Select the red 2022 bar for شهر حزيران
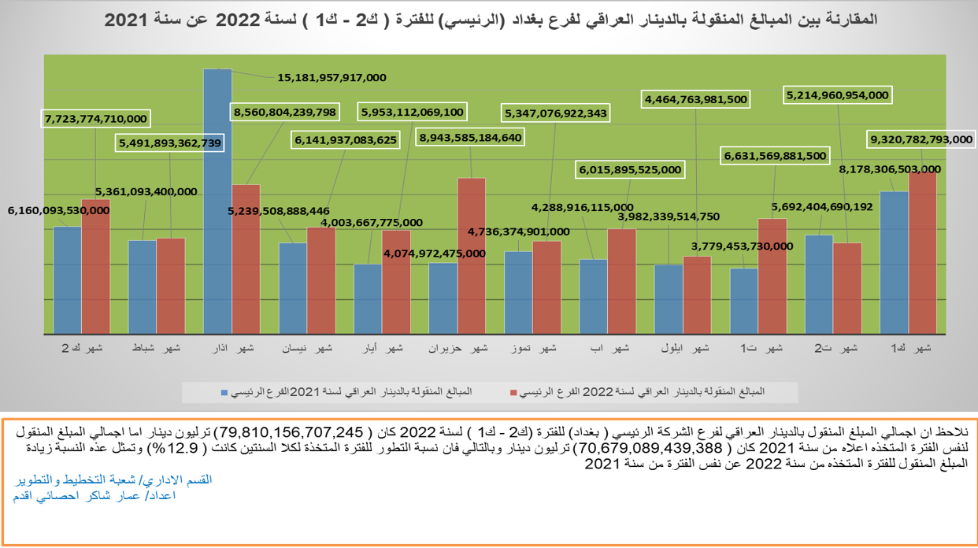point(472,255)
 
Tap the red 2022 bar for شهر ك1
point(922,252)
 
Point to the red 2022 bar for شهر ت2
point(847,287)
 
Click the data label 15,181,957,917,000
point(332,78)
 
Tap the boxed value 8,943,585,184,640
point(470,138)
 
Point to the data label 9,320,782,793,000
point(921,139)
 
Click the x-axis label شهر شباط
point(157,348)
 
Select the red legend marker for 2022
point(513,391)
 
